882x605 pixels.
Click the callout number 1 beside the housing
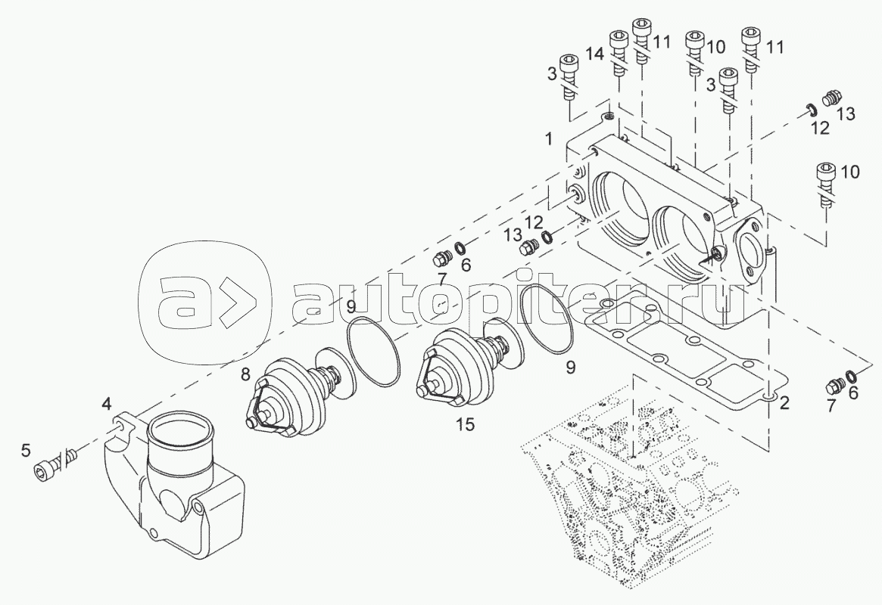click(x=548, y=138)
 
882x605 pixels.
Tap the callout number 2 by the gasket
click(x=784, y=402)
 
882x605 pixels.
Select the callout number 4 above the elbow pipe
click(x=107, y=403)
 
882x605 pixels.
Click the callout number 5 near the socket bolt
click(x=25, y=449)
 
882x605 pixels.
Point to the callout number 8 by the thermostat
click(x=245, y=374)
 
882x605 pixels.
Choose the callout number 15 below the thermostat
click(x=466, y=424)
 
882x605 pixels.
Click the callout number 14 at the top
click(x=595, y=54)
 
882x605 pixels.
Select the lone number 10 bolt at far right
click(x=825, y=185)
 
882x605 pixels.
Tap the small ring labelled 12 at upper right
click(x=810, y=108)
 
